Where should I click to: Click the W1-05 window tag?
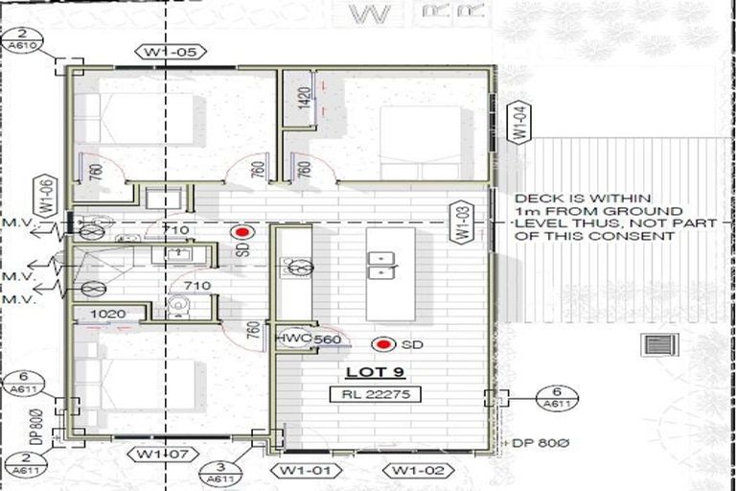(172, 52)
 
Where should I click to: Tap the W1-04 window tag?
(518, 123)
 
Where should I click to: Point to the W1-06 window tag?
(44, 195)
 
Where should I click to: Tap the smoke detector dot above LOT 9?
(386, 342)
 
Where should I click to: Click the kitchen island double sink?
(381, 265)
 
